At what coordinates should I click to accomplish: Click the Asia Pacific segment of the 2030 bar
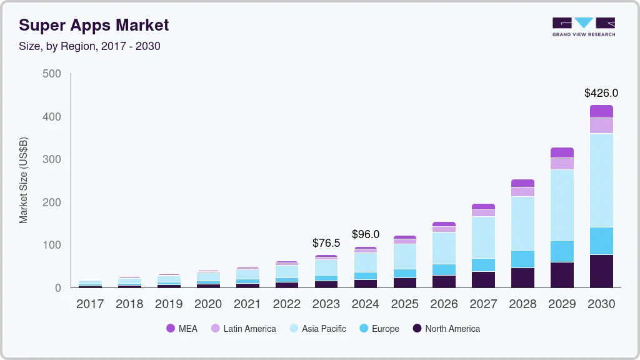(601, 180)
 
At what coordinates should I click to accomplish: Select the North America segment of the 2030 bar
(601, 271)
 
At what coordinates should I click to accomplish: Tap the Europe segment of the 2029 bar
(562, 251)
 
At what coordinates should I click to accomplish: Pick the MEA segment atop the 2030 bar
(601, 111)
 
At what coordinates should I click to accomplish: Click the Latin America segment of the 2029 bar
(562, 164)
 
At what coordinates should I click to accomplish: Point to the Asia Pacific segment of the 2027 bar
(483, 237)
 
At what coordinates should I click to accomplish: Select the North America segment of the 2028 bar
(522, 277)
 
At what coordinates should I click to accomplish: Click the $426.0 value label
(601, 93)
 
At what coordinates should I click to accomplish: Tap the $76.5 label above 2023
(326, 243)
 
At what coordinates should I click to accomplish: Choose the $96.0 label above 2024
(366, 234)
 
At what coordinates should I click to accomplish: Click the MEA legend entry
(182, 329)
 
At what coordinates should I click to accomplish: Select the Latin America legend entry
(243, 329)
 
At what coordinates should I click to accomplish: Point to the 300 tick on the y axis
(52, 159)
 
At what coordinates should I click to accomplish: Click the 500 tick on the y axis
(52, 74)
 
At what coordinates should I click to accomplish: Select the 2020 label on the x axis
(208, 304)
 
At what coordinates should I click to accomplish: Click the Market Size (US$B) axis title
(24, 181)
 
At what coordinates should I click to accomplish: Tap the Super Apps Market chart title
(94, 26)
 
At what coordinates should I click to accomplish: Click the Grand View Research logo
(584, 26)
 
